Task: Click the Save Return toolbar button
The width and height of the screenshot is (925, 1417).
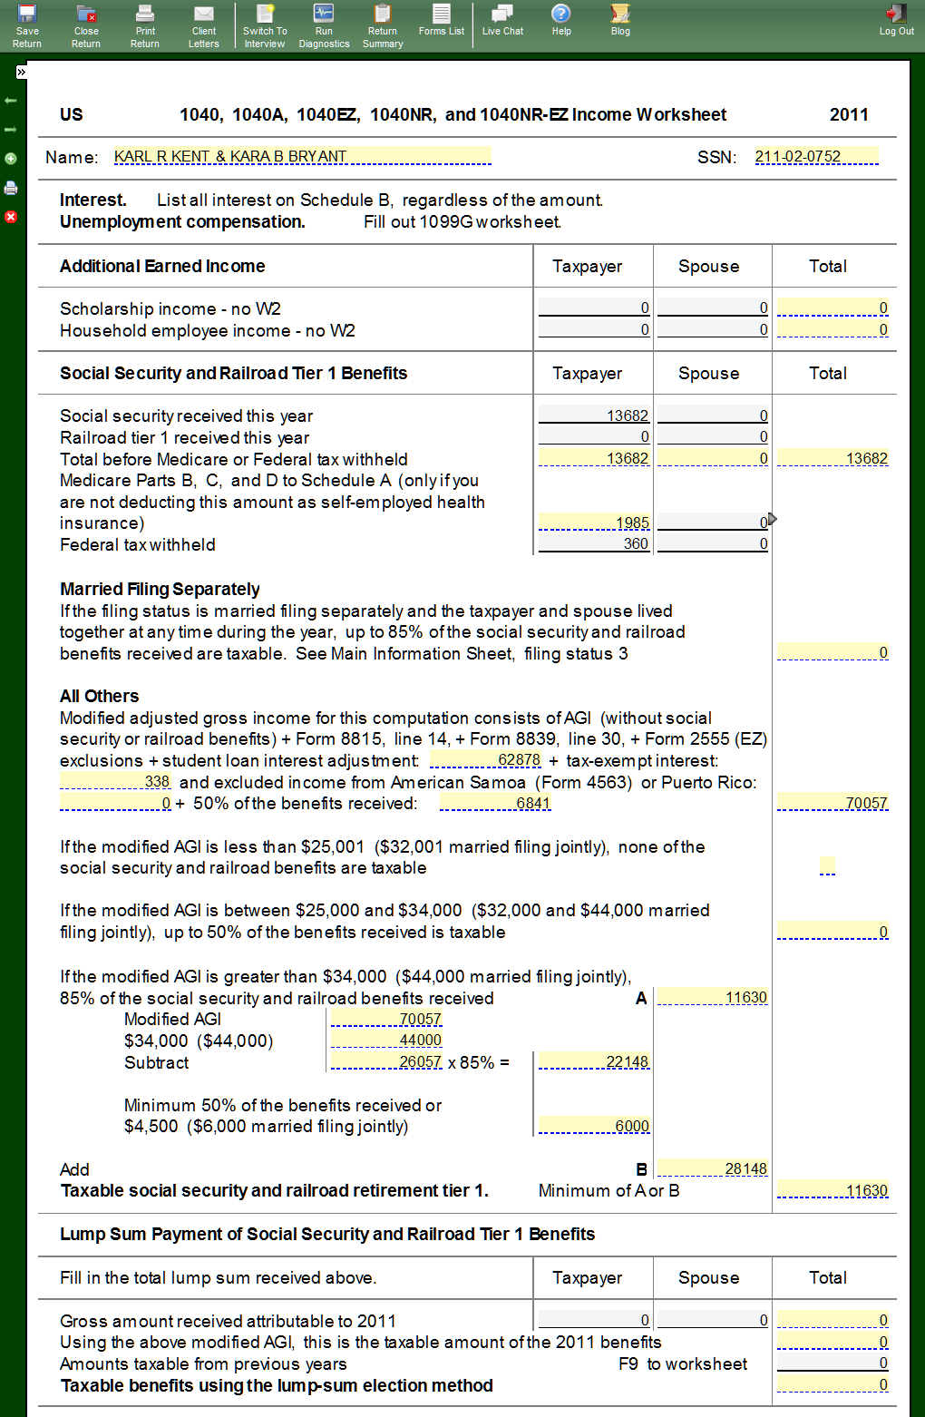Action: click(x=27, y=24)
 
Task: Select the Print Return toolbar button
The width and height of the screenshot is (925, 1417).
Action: click(x=145, y=24)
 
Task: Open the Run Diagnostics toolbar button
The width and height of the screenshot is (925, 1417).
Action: click(x=324, y=24)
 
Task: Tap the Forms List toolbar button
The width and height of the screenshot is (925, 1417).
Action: click(x=442, y=20)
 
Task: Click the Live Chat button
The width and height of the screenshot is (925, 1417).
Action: click(x=502, y=20)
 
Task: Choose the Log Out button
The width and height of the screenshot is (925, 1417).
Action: click(x=896, y=20)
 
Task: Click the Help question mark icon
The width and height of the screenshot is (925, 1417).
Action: click(x=561, y=14)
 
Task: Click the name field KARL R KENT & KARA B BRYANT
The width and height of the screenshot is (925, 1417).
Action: click(x=302, y=156)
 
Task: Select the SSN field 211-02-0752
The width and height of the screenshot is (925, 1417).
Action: click(x=816, y=156)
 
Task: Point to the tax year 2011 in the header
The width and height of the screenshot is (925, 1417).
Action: click(x=849, y=114)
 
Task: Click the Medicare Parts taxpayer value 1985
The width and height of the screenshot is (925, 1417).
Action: click(x=594, y=523)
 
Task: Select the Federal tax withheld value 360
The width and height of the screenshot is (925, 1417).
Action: click(x=594, y=543)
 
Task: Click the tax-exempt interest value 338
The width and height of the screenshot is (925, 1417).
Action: click(x=115, y=781)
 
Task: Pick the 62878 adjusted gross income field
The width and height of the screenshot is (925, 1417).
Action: click(x=485, y=759)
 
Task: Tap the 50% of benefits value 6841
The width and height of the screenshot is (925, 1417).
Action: click(x=495, y=803)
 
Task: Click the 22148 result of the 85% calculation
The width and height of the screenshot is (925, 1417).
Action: click(x=594, y=1061)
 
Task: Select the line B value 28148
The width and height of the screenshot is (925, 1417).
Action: click(x=713, y=1168)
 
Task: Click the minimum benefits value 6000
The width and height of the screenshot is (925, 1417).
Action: click(x=594, y=1126)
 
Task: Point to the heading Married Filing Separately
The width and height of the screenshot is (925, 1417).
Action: click(x=160, y=589)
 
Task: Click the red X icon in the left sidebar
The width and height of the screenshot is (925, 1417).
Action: click(x=11, y=217)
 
